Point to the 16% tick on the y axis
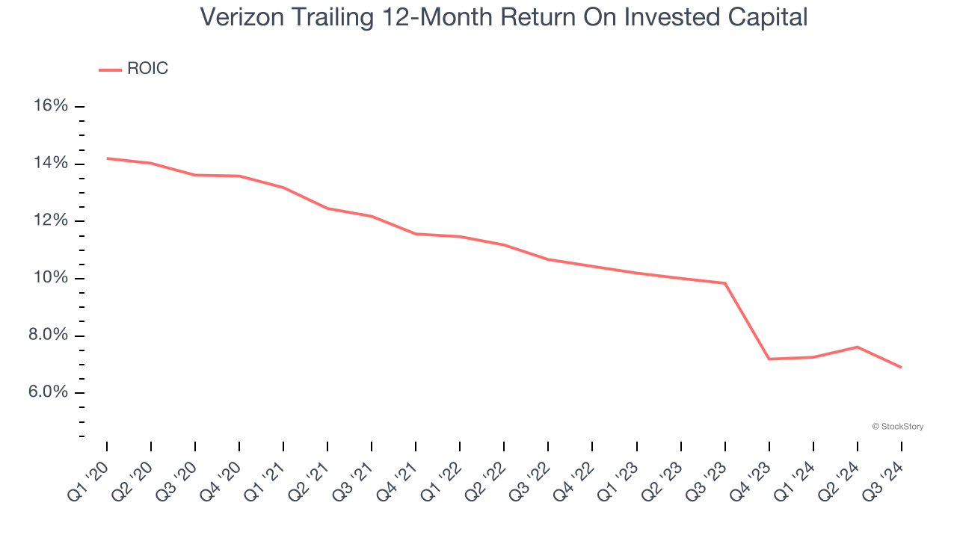51,106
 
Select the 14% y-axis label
51,164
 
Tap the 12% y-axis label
51,221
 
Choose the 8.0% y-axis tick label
47,336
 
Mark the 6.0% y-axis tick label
47,393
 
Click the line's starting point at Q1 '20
107,158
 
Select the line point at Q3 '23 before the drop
725,283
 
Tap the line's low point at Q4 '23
769,359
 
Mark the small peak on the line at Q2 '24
858,347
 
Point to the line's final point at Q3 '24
901,368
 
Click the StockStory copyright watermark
898,427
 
